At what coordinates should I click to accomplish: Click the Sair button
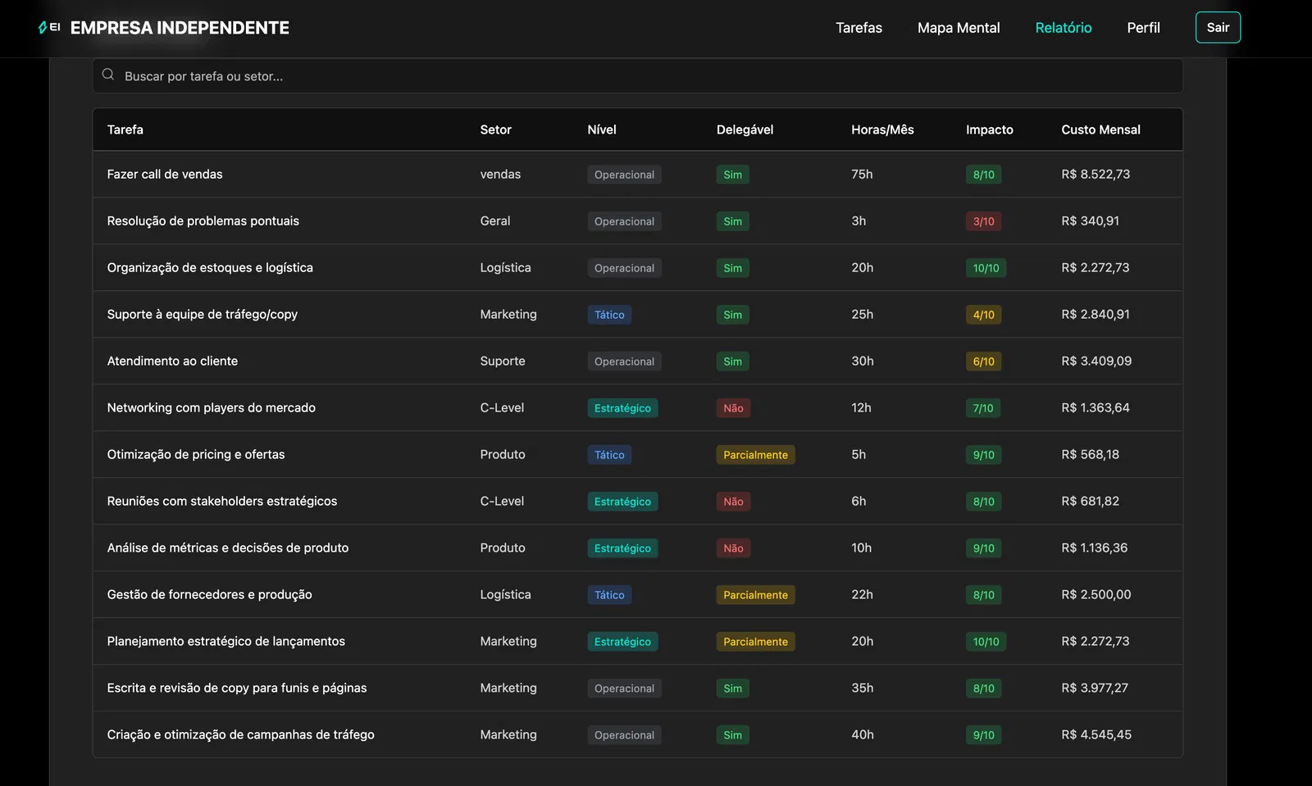point(1218,28)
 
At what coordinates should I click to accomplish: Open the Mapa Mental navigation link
point(959,28)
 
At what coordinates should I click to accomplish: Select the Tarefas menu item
point(859,28)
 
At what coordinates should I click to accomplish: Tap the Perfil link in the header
point(1143,28)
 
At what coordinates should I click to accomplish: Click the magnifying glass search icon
point(107,75)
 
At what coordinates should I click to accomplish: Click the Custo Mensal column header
point(1100,129)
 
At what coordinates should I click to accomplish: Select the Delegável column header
point(745,129)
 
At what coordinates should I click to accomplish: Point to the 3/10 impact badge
point(983,221)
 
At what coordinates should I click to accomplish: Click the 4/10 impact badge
point(983,315)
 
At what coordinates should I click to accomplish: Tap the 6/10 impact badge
point(983,361)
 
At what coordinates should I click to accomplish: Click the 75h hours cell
point(862,175)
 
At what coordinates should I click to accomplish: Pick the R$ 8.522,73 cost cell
point(1096,175)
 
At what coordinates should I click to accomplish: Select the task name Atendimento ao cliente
point(172,361)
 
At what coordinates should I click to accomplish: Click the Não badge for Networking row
point(733,408)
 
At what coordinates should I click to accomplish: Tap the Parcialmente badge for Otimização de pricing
point(755,455)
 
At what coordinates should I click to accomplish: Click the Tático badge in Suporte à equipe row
point(609,315)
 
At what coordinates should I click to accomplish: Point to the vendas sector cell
point(500,175)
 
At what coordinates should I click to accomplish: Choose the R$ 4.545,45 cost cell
point(1096,734)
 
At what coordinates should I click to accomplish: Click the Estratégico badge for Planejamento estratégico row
point(622,642)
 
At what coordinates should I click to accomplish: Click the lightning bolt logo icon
point(42,28)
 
